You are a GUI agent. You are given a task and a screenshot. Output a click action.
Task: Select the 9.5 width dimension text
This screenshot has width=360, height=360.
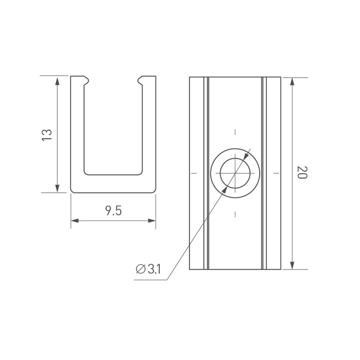(113, 211)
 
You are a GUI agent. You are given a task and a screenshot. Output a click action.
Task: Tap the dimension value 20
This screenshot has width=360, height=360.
(302, 172)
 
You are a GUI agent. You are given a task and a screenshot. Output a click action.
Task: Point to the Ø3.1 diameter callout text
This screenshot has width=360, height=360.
(148, 269)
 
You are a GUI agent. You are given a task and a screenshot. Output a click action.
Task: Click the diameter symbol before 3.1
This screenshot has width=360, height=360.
(140, 269)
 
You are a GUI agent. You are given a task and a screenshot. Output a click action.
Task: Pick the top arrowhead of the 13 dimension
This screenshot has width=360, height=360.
(58, 81)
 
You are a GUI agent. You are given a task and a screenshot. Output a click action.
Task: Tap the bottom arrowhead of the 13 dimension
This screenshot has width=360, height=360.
(58, 188)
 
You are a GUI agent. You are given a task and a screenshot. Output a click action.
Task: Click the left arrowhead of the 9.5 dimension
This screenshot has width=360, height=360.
(75, 220)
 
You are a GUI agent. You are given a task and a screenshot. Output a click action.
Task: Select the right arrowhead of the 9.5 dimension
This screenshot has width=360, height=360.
(152, 220)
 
